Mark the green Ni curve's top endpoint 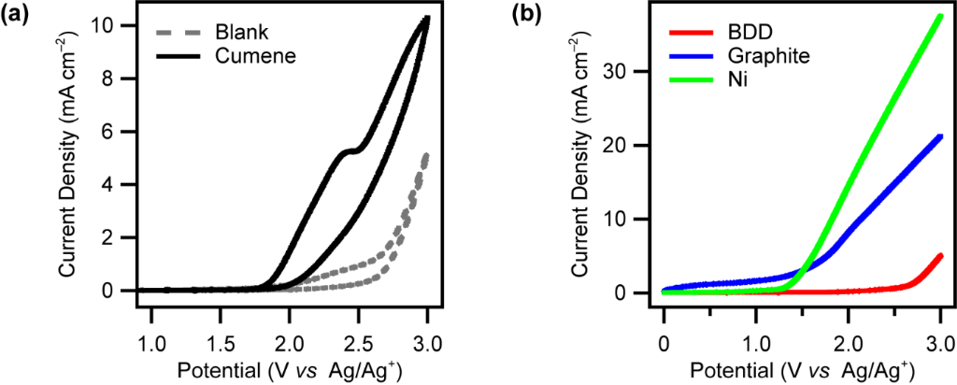point(940,16)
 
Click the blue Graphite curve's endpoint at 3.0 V point(940,136)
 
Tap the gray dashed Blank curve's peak point(426,155)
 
